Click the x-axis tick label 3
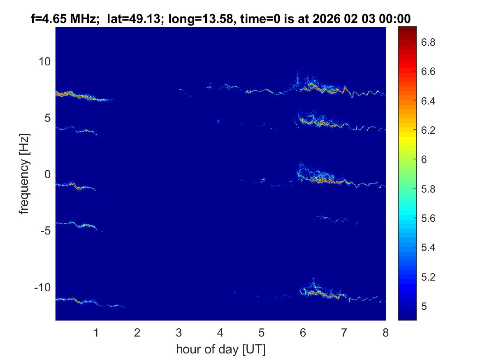click(x=179, y=332)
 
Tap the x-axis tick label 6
click(x=303, y=332)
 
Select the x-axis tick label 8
click(x=385, y=332)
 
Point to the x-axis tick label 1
click(x=96, y=332)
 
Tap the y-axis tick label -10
click(x=42, y=287)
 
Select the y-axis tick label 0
click(x=47, y=174)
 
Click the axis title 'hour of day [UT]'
click(x=220, y=350)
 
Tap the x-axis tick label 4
click(x=220, y=332)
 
